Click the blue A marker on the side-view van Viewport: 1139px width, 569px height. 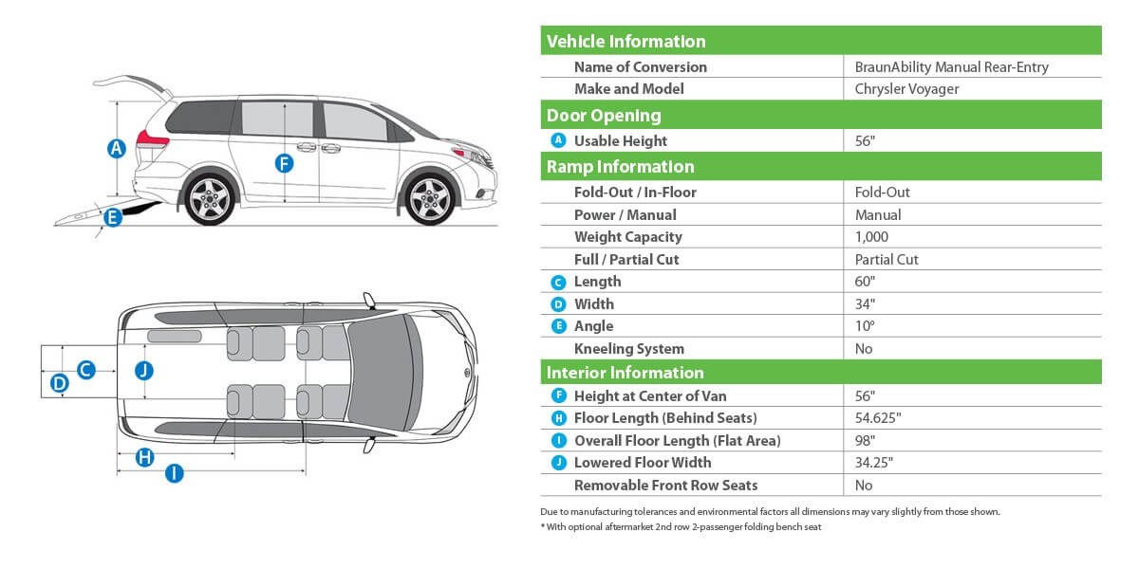[x=116, y=148]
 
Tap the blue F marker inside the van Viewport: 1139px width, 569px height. [x=284, y=163]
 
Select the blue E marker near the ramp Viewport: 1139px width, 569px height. [x=112, y=217]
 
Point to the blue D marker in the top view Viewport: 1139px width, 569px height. [x=59, y=384]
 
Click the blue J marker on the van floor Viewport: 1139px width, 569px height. [x=143, y=370]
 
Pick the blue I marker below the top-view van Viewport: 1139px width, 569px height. [x=174, y=473]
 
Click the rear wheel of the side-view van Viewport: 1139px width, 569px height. [x=209, y=198]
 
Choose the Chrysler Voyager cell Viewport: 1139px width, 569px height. [x=906, y=89]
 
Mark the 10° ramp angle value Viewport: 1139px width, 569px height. [x=865, y=326]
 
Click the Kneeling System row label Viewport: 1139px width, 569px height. [x=628, y=348]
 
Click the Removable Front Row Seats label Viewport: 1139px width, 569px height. [x=665, y=485]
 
